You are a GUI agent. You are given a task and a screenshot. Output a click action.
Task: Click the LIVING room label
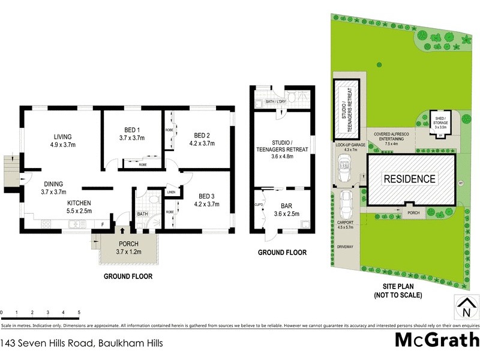pyautogui.click(x=62, y=136)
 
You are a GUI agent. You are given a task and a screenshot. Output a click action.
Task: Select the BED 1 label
pyautogui.click(x=132, y=130)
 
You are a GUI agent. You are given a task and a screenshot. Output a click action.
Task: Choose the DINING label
pyautogui.click(x=56, y=184)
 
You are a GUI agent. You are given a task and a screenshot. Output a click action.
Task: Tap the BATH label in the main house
pyautogui.click(x=142, y=213)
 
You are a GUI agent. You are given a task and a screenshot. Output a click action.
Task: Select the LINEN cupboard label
pyautogui.click(x=171, y=192)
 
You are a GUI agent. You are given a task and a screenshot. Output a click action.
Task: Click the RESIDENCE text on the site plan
pyautogui.click(x=409, y=179)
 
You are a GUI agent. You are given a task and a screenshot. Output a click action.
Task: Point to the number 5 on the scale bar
pyautogui.click(x=79, y=313)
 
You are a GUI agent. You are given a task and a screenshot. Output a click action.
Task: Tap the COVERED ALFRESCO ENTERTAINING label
pyautogui.click(x=391, y=137)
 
